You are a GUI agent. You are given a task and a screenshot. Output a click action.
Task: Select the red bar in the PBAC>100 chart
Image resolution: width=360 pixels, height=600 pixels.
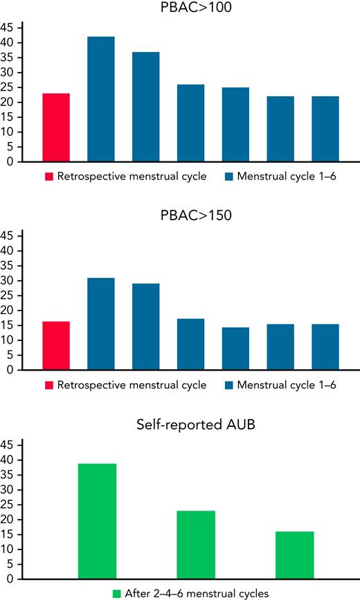pos(56,127)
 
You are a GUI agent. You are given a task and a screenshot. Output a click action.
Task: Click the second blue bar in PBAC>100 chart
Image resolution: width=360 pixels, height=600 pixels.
pos(145,107)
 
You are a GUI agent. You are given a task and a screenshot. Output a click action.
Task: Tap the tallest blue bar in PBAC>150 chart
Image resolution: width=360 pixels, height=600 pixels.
pos(100,324)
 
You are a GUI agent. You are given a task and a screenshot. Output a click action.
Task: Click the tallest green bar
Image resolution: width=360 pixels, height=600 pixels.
pos(97,521)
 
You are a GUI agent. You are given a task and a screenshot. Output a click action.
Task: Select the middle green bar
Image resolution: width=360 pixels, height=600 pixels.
pos(196,545)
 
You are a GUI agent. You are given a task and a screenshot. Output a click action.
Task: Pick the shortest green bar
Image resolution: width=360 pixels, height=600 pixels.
pos(295,555)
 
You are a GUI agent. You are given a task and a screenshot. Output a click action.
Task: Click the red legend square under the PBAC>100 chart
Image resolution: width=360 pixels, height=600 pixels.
pos(49,177)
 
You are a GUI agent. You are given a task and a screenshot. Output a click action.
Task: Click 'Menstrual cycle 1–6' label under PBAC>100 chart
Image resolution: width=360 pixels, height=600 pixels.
pos(285,177)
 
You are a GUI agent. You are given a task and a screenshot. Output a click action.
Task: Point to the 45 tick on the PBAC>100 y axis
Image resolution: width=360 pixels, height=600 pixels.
pos(9,28)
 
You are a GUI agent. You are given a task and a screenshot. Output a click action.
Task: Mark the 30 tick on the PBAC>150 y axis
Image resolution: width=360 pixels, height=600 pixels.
pos(9,281)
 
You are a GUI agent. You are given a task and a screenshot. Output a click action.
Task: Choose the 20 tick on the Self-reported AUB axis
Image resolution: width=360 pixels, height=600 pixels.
pos(9,520)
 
